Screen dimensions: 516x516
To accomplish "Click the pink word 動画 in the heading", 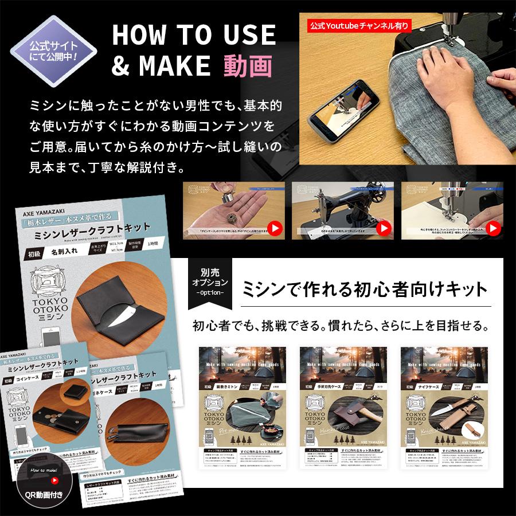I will pos(248,66).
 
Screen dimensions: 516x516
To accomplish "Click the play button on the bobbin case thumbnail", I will pos(275,228).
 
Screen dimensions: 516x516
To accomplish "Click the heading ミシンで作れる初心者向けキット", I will pos(365,288).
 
